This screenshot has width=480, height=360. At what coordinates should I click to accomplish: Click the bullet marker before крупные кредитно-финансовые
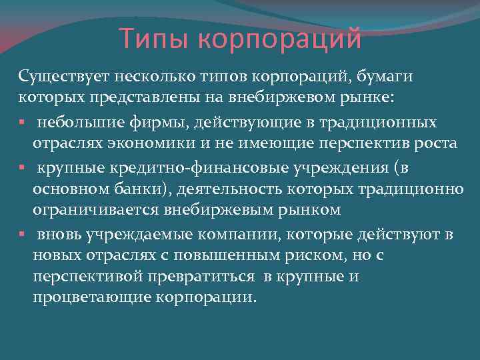pyautogui.click(x=22, y=167)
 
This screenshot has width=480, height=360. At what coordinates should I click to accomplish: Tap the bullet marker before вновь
pyautogui.click(x=22, y=233)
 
